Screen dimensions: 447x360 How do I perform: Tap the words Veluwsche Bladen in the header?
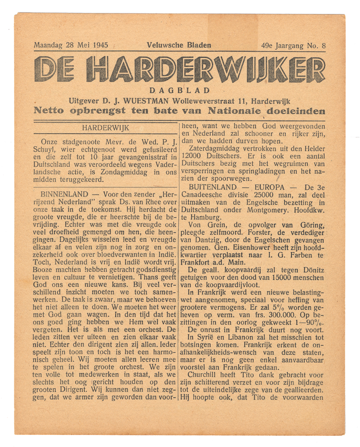[x=179, y=45]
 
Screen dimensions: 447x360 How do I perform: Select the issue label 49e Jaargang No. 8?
[x=293, y=45]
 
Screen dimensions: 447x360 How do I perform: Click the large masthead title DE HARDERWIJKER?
[x=180, y=70]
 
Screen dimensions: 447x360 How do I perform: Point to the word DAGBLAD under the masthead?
[x=179, y=91]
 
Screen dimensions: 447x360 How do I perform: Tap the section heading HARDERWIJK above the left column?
[x=106, y=128]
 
